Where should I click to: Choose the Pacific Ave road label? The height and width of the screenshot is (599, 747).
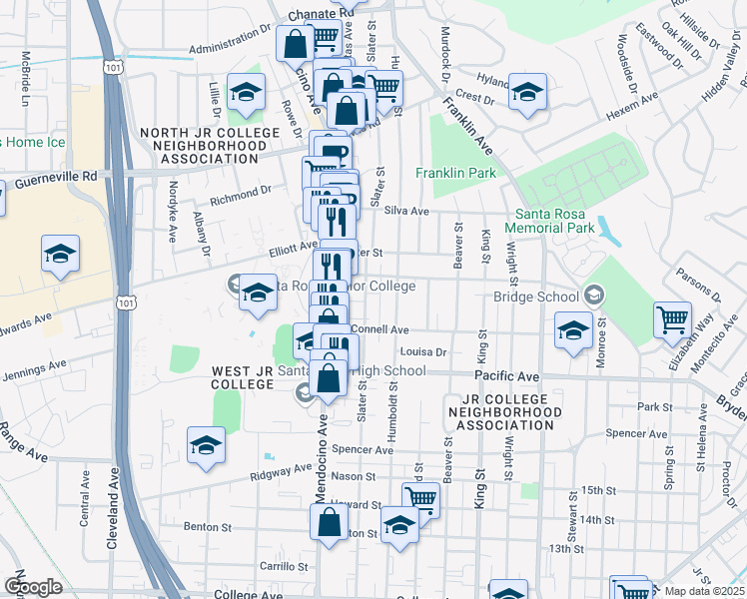(x=506, y=375)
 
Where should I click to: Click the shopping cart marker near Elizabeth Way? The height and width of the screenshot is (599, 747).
(x=672, y=319)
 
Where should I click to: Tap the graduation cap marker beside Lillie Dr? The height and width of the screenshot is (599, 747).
(x=244, y=92)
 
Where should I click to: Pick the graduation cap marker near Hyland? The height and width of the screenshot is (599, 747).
(x=527, y=92)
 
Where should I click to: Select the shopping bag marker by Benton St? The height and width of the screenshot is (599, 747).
(x=328, y=521)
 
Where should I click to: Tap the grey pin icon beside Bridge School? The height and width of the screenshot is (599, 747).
(x=594, y=295)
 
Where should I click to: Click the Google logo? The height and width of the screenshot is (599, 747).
(x=33, y=587)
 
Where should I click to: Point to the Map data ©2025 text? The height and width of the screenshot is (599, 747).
(x=705, y=591)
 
